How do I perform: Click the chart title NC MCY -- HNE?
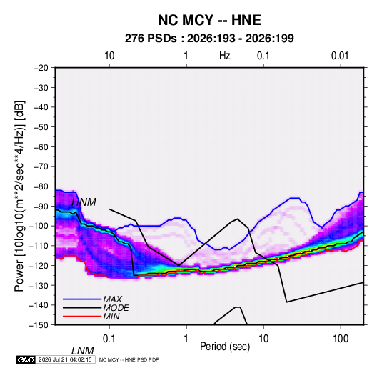(x=209, y=20)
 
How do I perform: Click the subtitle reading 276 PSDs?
(x=151, y=39)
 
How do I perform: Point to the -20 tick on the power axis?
(x=41, y=68)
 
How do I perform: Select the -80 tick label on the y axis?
(x=41, y=186)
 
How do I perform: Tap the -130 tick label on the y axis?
(x=39, y=285)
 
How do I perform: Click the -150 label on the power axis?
(x=39, y=325)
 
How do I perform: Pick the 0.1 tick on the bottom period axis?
(x=109, y=339)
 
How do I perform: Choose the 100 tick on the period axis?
(x=341, y=339)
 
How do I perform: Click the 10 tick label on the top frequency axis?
(x=109, y=56)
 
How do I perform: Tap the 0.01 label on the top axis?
(x=340, y=56)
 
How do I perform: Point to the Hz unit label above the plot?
(x=225, y=56)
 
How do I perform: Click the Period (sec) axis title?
(x=225, y=347)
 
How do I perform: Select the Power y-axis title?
(x=19, y=196)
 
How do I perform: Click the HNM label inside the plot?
(x=84, y=202)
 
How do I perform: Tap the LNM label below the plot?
(x=83, y=351)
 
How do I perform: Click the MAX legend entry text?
(x=113, y=299)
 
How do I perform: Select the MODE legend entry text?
(x=116, y=308)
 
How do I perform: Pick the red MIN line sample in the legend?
(x=82, y=317)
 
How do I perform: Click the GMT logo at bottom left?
(x=26, y=359)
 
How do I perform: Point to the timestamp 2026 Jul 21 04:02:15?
(x=65, y=359)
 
